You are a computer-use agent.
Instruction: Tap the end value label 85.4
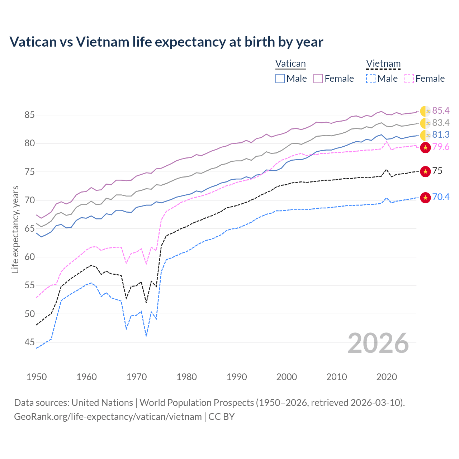click(441, 110)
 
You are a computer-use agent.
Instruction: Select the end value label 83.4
click(441, 123)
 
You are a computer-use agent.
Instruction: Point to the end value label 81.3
click(441, 134)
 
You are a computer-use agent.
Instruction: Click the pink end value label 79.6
click(441, 147)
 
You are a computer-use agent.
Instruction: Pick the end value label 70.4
click(441, 197)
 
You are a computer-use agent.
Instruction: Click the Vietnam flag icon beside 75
click(425, 171)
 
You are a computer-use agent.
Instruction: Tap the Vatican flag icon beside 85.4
click(425, 111)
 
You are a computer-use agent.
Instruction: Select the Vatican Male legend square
click(280, 79)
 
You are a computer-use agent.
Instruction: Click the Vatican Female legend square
click(318, 79)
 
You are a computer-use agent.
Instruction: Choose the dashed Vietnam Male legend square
click(371, 79)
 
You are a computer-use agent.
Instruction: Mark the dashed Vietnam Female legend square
click(409, 79)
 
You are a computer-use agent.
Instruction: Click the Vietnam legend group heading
click(383, 64)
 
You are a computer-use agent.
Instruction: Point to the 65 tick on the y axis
click(29, 229)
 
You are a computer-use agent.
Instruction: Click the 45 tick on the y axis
click(29, 342)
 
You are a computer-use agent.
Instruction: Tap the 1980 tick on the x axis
click(186, 377)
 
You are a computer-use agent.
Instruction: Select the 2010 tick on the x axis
click(336, 377)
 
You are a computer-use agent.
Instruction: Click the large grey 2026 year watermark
click(378, 343)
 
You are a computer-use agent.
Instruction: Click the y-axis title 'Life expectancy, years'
click(15, 229)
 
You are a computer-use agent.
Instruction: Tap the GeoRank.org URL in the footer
click(108, 417)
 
